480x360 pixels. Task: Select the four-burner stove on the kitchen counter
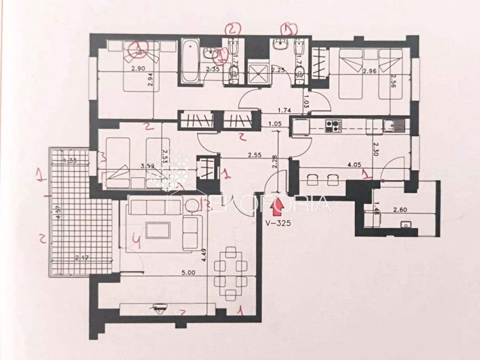[333, 125]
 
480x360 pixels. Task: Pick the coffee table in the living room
[158, 230]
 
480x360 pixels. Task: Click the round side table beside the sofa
[192, 205]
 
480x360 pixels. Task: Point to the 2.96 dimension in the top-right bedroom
[369, 71]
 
